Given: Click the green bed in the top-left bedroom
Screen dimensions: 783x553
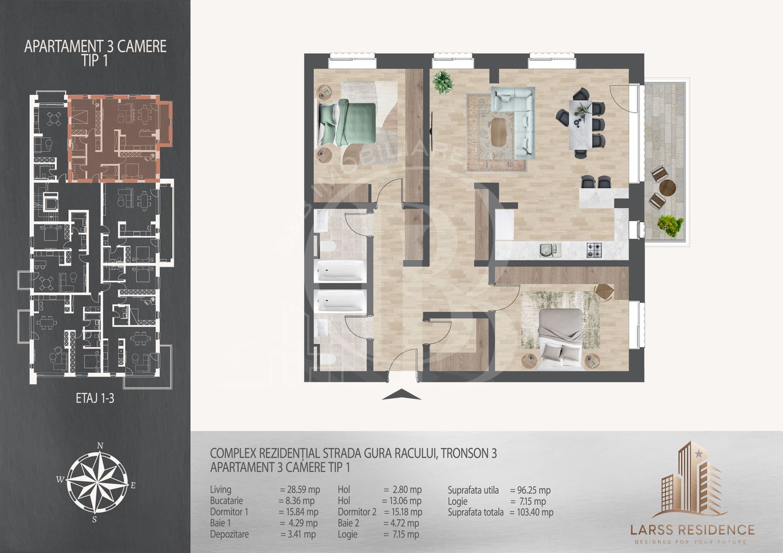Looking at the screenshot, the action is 348,122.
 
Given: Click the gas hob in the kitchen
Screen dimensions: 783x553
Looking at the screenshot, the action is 594,250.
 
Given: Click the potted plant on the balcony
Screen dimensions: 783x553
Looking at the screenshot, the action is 670,225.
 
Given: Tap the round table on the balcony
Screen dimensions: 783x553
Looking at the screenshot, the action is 667,188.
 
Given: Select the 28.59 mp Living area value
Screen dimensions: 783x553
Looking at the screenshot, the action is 300,490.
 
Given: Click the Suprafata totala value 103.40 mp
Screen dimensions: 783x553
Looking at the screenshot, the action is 531,512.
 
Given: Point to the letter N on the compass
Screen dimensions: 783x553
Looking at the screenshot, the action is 100,445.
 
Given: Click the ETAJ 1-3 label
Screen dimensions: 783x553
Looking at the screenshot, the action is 95,398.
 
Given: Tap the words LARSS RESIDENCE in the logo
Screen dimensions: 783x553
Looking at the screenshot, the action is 692,530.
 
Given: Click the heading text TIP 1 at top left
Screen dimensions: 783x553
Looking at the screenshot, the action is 95,61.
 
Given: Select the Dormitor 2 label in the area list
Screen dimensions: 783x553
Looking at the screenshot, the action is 357,512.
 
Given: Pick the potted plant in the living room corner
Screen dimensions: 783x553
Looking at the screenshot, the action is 443,82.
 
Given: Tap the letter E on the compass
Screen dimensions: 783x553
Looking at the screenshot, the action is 133,485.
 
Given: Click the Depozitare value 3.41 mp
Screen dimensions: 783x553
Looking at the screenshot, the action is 298,534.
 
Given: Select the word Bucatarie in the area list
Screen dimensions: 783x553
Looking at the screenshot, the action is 227,501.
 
